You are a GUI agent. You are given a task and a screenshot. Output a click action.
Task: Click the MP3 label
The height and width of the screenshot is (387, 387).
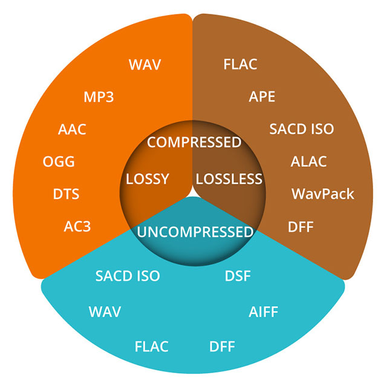pos(99,97)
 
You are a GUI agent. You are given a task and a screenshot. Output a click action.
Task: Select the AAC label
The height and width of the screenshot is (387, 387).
pos(72,129)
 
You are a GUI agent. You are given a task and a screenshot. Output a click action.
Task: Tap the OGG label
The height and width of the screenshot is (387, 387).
pos(59,162)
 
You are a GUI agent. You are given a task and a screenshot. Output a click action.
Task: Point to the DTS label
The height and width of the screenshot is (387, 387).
pos(67,194)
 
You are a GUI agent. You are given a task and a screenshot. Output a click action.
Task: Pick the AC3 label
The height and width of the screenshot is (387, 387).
pos(77,227)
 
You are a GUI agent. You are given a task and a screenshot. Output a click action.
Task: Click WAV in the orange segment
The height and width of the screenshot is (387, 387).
pos(145,64)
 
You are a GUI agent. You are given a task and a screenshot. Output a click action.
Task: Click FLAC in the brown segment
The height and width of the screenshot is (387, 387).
pos(240,64)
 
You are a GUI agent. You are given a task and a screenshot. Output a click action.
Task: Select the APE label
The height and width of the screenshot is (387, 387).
pos(262,97)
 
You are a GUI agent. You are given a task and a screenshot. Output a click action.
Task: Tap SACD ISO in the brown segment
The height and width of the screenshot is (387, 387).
pos(301,129)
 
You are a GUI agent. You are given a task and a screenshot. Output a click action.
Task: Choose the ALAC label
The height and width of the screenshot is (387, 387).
pos(308,162)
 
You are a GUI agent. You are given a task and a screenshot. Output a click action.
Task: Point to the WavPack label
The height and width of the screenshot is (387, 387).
pos(323,194)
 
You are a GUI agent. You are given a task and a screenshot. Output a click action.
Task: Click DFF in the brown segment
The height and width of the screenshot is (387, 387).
pos(300,227)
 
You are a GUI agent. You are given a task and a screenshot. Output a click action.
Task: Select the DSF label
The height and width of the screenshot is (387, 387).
pos(238,276)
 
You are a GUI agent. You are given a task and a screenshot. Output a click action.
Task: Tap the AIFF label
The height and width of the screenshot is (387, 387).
pos(263,312)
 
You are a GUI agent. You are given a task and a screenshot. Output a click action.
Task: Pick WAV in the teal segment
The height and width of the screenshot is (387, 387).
pos(105,312)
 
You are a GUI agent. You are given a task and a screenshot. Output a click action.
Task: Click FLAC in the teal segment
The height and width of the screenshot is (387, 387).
pos(151,346)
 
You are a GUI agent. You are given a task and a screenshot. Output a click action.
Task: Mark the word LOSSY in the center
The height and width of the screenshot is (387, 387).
pos(147,179)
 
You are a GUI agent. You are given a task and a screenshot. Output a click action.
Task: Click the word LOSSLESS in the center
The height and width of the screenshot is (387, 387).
pos(229,179)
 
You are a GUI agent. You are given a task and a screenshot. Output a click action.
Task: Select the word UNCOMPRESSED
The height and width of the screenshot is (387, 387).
pos(195,232)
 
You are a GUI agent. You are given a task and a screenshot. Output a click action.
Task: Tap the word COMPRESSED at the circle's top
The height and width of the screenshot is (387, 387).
pos(195,143)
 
